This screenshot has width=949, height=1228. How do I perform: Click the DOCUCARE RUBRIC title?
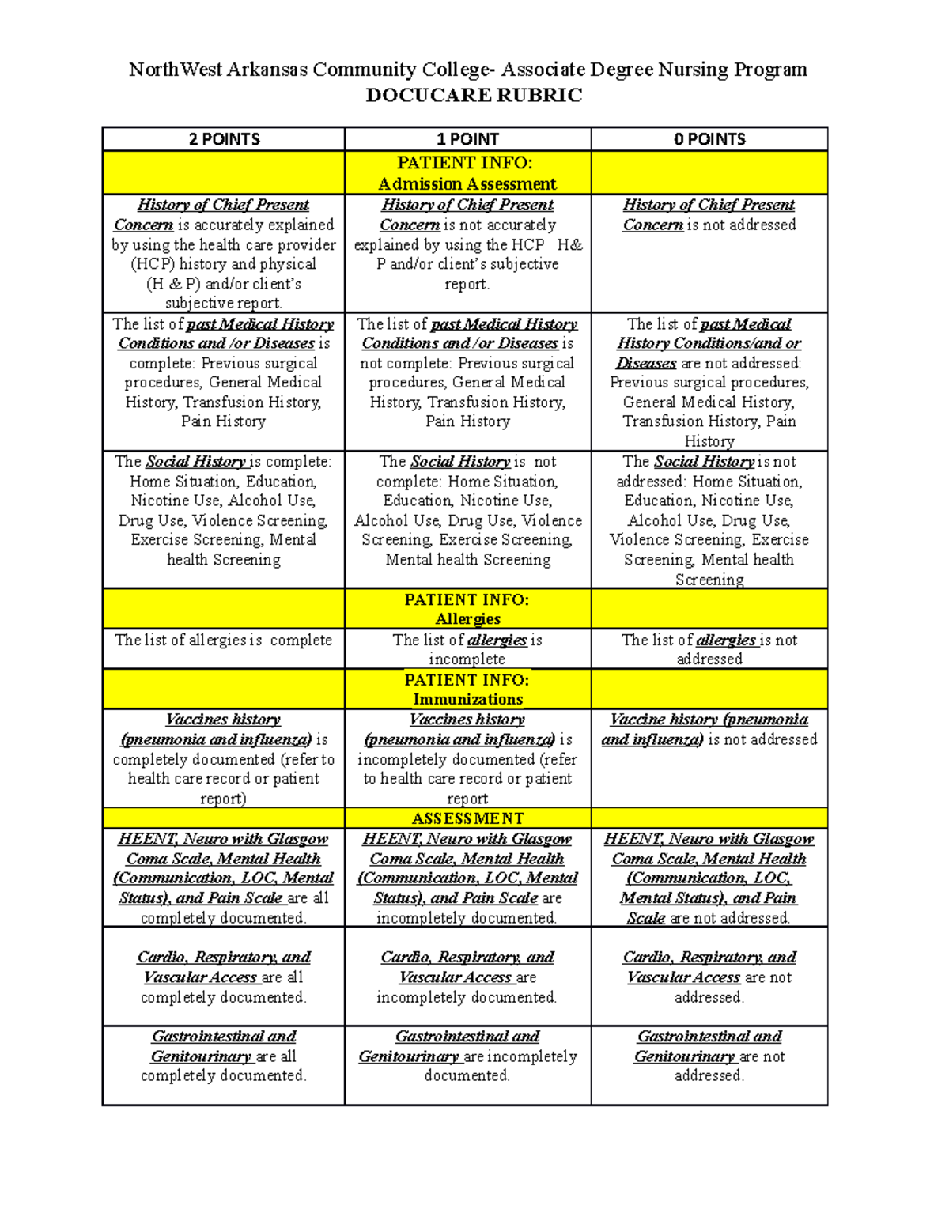(x=474, y=95)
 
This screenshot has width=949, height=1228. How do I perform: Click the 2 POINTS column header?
(x=224, y=139)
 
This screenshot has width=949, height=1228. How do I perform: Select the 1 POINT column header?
(x=467, y=139)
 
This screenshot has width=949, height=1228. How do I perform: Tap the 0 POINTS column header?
(x=709, y=139)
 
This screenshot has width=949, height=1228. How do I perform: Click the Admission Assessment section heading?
(x=467, y=183)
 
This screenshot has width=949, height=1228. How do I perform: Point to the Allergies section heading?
(x=467, y=618)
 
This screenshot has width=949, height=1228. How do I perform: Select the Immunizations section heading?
(x=467, y=699)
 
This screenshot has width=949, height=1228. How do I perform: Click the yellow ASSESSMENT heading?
(x=467, y=818)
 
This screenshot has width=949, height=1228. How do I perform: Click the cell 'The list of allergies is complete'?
(x=224, y=640)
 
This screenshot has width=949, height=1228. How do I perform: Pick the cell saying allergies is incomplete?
(x=467, y=649)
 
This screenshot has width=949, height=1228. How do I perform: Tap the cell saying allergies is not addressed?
(x=709, y=649)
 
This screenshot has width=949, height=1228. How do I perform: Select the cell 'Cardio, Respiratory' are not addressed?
(x=709, y=977)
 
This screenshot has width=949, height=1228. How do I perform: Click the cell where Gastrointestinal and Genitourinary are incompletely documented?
(x=467, y=1056)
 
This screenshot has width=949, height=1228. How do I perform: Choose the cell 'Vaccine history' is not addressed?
(x=709, y=730)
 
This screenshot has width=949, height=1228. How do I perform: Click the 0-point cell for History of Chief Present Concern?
(x=709, y=215)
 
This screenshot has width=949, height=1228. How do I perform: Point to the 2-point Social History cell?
(x=224, y=511)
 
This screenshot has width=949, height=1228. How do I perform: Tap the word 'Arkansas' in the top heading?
(x=267, y=70)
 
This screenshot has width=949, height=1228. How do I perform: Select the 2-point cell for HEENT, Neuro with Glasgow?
(x=224, y=878)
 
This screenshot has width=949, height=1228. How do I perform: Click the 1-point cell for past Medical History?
(x=467, y=372)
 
